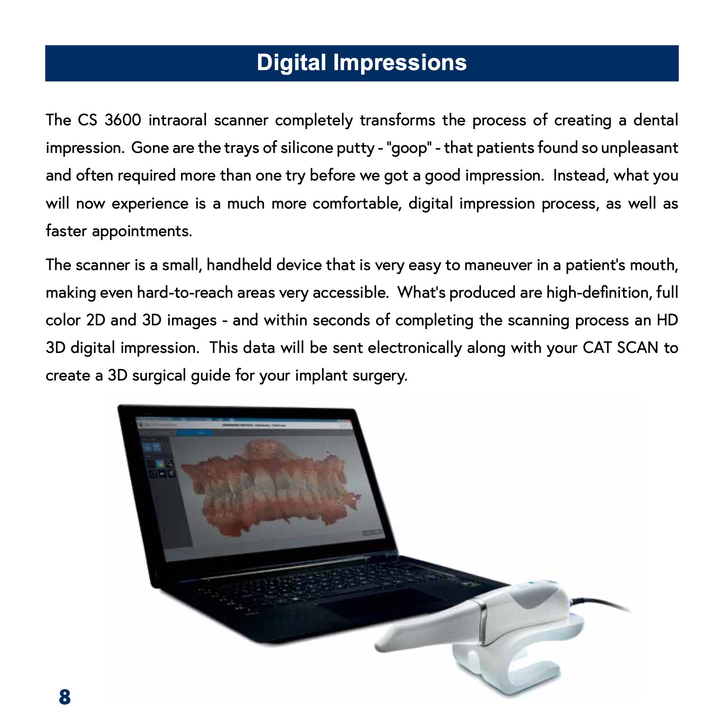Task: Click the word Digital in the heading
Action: (291, 63)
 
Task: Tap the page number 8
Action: (65, 697)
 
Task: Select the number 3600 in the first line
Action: (123, 120)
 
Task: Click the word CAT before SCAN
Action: (597, 348)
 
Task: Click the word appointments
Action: (142, 231)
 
